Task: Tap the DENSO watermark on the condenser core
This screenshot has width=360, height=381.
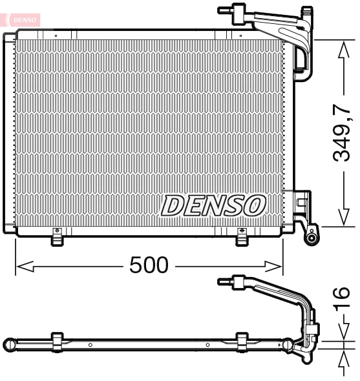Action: tap(213, 206)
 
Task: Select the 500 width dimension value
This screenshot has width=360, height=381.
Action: tap(149, 265)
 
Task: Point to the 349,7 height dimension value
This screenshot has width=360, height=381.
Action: tap(343, 132)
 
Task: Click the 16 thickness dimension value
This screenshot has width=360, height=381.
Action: tap(343, 299)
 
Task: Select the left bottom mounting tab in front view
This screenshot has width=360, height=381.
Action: tap(58, 238)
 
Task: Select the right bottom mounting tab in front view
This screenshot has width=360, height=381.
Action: tap(242, 238)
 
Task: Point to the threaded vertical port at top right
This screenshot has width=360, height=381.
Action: tap(308, 12)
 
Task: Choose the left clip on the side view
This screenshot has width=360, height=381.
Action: tap(57, 341)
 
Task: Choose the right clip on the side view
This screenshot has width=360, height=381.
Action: tap(242, 341)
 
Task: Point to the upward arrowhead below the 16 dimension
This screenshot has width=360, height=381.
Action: tap(343, 354)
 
